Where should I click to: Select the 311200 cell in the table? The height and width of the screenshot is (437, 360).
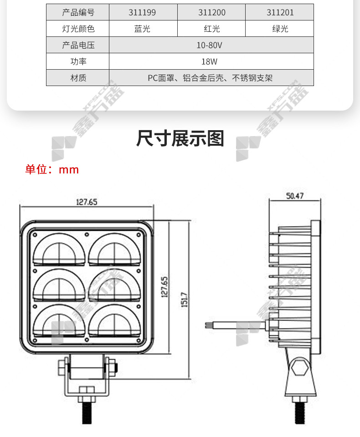(212, 12)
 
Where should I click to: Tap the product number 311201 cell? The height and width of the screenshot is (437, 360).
(280, 12)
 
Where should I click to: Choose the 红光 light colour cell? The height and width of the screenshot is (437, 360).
(212, 29)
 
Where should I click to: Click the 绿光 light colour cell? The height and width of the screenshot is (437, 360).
(280, 29)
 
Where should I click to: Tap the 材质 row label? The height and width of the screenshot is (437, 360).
(78, 78)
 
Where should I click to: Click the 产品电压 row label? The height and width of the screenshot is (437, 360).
(78, 45)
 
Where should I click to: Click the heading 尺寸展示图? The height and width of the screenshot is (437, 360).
(180, 138)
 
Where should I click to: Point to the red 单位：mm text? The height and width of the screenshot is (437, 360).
(52, 170)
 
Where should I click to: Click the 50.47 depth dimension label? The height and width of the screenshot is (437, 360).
(295, 196)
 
